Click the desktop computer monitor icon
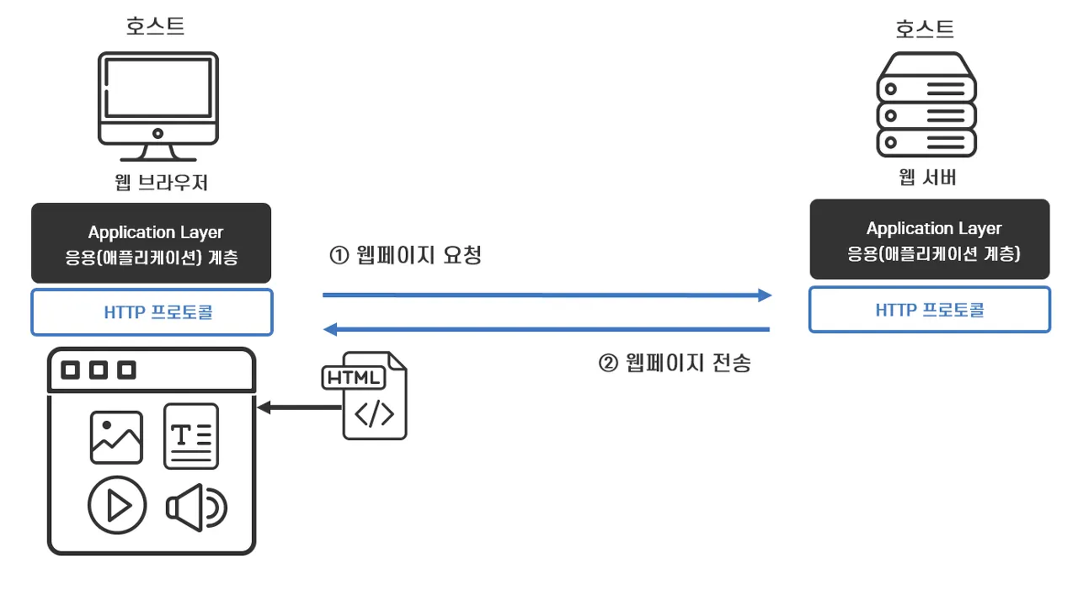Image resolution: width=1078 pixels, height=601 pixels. (157, 107)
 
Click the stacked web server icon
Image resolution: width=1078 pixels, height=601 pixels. (926, 104)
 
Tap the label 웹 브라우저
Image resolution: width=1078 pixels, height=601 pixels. (161, 183)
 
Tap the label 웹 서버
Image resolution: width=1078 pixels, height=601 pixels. (927, 178)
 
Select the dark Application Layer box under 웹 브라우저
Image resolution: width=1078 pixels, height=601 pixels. (151, 242)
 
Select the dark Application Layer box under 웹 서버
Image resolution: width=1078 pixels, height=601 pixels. (930, 239)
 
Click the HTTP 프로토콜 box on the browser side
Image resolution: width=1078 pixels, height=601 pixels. (152, 312)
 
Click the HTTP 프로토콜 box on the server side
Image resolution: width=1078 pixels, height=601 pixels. (930, 310)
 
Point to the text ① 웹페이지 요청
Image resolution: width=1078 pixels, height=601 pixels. (405, 255)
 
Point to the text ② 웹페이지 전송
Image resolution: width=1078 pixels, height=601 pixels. (675, 363)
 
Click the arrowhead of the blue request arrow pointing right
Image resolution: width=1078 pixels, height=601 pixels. (766, 295)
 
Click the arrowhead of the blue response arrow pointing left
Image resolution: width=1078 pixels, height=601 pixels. (329, 329)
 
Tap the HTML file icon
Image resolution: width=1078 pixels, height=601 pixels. (365, 396)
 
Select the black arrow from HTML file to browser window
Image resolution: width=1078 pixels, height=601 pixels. (299, 407)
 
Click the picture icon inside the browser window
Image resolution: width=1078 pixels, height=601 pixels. (116, 437)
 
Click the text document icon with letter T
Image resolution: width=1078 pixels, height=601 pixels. (191, 436)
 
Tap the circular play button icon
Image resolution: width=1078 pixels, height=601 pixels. (117, 505)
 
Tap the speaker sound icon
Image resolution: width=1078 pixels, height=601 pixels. (196, 508)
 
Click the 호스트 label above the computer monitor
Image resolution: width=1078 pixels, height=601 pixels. (156, 25)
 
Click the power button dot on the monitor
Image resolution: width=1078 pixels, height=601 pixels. (157, 134)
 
